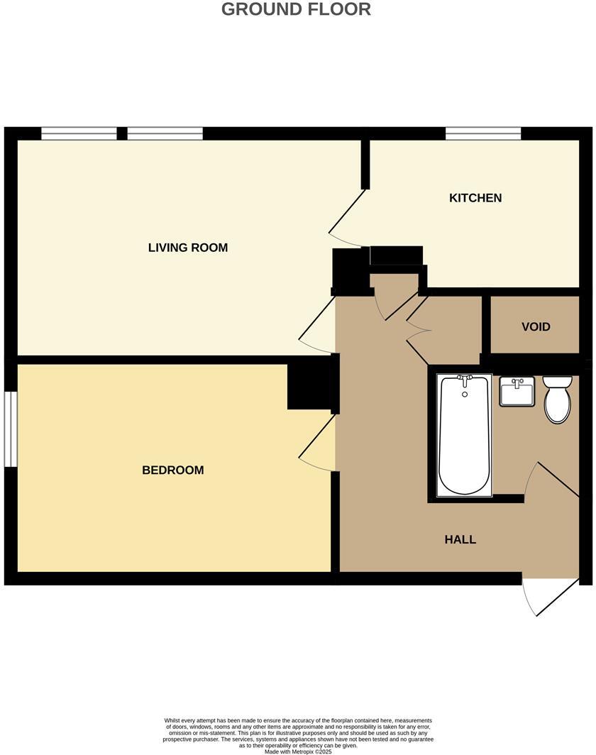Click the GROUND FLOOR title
pyautogui.click(x=296, y=10)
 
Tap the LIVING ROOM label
pyautogui.click(x=188, y=248)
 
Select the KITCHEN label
pyautogui.click(x=475, y=198)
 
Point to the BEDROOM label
pyautogui.click(x=173, y=470)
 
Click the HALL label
pyautogui.click(x=460, y=539)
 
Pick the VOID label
pyautogui.click(x=536, y=327)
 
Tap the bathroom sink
pyautogui.click(x=517, y=392)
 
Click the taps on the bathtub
pyautogui.click(x=465, y=381)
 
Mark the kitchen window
pyautogui.click(x=483, y=133)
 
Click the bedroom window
pyautogui.click(x=10, y=429)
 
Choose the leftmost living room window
pyautogui.click(x=79, y=133)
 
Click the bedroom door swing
pyautogui.click(x=317, y=444)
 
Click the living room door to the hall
pyautogui.click(x=317, y=326)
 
